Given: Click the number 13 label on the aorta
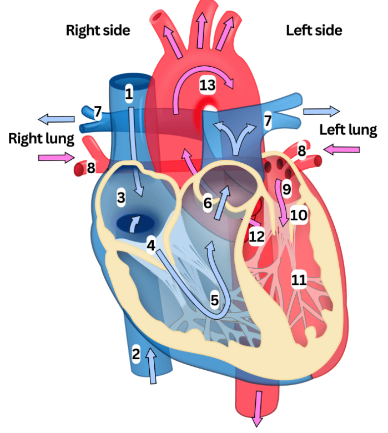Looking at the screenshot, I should coord(207,85).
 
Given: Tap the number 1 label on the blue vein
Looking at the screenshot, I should coord(129,93).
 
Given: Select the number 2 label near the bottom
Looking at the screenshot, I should coord(136,353).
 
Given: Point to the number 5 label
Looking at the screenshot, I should coord(215,300).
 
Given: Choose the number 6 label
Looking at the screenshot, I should coord(207,204).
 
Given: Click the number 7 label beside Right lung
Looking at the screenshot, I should coord(98,113).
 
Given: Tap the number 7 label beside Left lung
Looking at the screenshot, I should coord(268,120).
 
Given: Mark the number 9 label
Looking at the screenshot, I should coord(286,189).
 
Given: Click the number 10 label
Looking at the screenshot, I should coord(299,214).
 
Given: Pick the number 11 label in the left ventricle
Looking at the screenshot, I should coord(299,280).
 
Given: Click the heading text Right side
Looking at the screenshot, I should coord(98,30).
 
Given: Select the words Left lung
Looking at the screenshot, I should coord(348,130).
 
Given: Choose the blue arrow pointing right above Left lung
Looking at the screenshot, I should coord(321,110).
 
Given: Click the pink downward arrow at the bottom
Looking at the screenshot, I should coord(257,408).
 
